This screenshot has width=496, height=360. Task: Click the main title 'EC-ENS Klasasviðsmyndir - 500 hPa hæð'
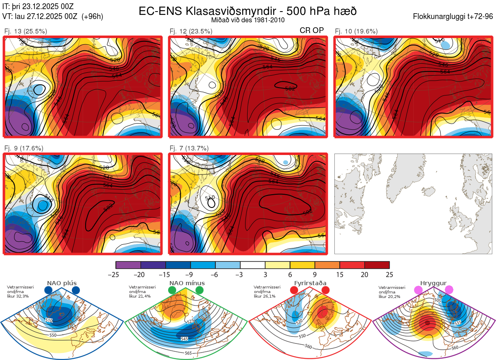[248, 11]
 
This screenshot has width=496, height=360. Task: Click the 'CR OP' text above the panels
[312, 30]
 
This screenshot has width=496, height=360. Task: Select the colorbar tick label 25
[389, 274]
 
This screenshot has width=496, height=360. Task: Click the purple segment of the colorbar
[128, 265]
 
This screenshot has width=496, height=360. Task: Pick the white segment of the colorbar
[253, 265]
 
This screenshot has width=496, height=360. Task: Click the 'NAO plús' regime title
[62, 283]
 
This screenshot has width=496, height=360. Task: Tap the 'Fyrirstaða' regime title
[310, 283]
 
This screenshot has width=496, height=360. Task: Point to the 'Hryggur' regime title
[433, 283]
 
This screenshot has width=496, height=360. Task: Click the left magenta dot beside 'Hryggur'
[418, 290]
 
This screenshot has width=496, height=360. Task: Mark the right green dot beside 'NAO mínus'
[200, 290]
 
